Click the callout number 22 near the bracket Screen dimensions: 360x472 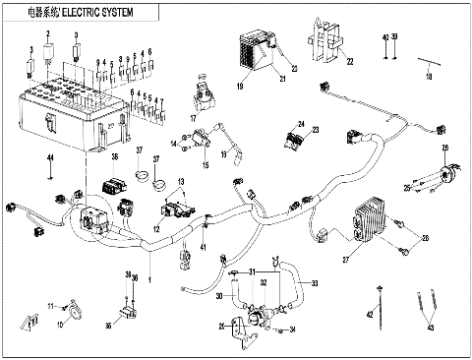pyautogui.click(x=349, y=61)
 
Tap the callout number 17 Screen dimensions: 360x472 pyautogui.click(x=194, y=118)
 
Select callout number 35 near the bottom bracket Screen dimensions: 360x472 pyautogui.click(x=223, y=326)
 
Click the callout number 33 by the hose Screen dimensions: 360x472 pyautogui.click(x=315, y=283)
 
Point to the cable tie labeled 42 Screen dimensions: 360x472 pyautogui.click(x=371, y=315)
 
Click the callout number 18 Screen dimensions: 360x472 pyautogui.click(x=428, y=76)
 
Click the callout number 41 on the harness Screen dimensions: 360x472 pyautogui.click(x=204, y=247)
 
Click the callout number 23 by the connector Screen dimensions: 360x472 pyautogui.click(x=317, y=130)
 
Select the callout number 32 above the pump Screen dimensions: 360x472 pyautogui.click(x=264, y=283)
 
